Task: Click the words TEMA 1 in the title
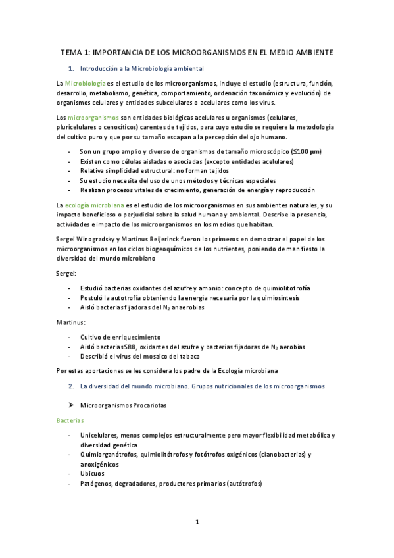click(74, 51)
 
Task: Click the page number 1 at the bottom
click(197, 522)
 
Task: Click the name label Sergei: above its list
click(67, 272)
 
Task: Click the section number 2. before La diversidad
click(72, 386)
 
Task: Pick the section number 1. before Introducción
click(72, 68)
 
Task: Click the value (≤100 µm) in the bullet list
click(306, 151)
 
